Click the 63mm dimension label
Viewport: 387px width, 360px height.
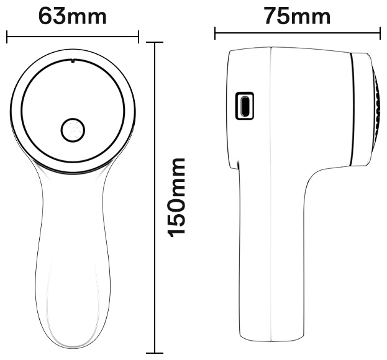click(73, 16)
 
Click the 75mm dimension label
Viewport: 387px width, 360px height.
click(298, 16)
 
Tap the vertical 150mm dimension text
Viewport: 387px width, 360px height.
click(176, 198)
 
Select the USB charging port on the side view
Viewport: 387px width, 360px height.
click(245, 106)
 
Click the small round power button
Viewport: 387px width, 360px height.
click(73, 130)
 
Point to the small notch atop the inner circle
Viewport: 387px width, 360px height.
click(72, 60)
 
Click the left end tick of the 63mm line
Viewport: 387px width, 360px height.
click(7, 37)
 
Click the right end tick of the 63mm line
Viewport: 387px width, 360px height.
click(138, 37)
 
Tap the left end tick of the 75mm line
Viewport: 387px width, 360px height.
click(215, 33)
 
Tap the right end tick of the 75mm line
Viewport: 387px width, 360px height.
click(380, 33)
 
